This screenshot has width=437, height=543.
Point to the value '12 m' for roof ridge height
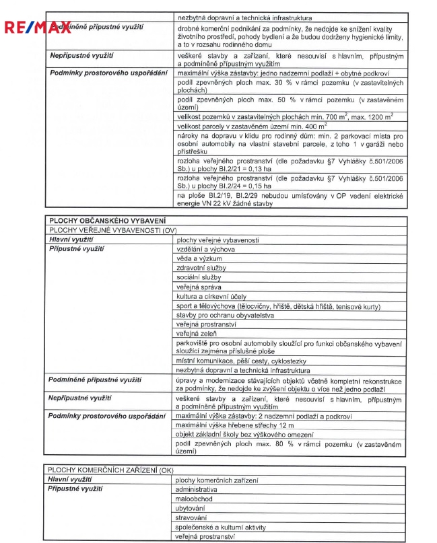click(267, 426)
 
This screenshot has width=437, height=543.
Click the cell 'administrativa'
click(196, 490)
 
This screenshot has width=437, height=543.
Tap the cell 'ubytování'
click(190, 509)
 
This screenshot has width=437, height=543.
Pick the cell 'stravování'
click(191, 518)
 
